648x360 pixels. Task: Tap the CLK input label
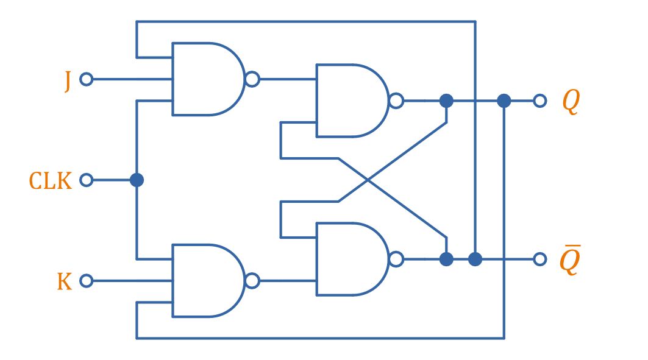pos(51,181)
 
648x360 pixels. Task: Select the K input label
pos(65,281)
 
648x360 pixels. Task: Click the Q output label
pos(570,102)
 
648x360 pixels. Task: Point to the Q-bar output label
pos(569,261)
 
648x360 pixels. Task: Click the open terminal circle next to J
pos(87,79)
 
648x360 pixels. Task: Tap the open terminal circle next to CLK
pos(87,180)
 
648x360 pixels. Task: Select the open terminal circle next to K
pos(87,281)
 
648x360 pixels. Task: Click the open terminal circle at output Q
pos(539,101)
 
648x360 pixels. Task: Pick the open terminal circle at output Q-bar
pos(539,259)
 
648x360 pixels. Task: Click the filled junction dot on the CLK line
pos(137,180)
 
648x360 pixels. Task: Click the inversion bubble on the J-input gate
pos(252,79)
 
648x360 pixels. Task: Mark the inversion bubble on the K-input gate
pos(252,281)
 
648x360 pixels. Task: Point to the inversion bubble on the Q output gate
pos(396,101)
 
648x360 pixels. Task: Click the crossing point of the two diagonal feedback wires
pos(368,180)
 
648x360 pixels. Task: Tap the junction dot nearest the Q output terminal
pos(504,101)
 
